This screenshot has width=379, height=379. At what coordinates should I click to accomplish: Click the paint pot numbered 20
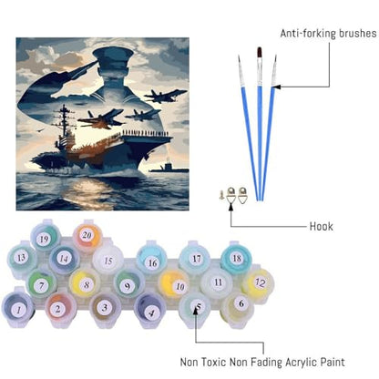click(87, 236)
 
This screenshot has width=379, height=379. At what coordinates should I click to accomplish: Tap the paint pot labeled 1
click(19, 309)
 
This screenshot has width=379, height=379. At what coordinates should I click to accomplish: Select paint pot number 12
click(260, 283)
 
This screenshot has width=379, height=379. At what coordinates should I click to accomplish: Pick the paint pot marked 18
click(237, 259)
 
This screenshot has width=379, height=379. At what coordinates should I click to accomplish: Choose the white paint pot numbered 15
click(108, 261)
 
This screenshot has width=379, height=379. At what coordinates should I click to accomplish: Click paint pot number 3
click(105, 308)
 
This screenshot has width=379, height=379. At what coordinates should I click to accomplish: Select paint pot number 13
click(21, 258)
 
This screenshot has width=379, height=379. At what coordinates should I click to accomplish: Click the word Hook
click(322, 227)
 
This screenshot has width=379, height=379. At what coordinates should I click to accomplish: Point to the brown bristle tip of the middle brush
click(260, 52)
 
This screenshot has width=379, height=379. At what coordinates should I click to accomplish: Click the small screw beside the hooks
click(222, 195)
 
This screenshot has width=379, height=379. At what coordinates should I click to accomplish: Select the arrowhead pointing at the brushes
click(276, 87)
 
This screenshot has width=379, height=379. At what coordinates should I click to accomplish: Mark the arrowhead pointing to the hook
click(230, 207)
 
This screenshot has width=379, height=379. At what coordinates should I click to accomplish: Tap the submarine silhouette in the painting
click(169, 169)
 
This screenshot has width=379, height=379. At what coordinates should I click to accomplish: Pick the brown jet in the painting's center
click(101, 119)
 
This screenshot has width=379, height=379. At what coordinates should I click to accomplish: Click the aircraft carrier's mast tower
click(64, 121)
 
